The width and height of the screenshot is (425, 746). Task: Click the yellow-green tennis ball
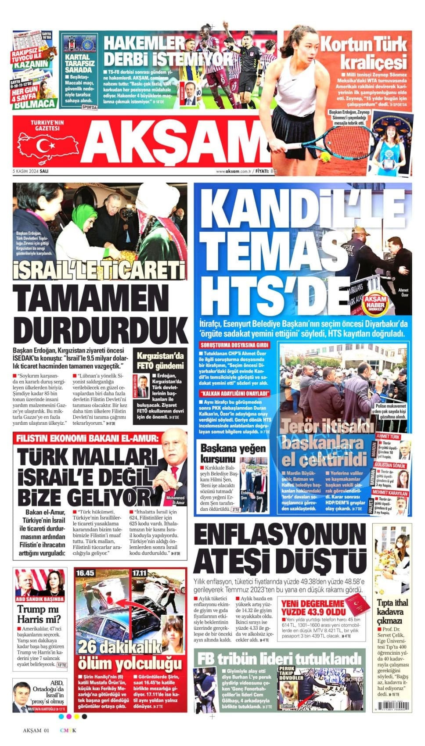tap(325, 157)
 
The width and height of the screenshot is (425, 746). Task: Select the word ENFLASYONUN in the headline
tap(280, 537)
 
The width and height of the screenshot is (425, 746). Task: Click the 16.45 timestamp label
tap(85, 573)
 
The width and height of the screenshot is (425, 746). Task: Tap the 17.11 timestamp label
tap(140, 573)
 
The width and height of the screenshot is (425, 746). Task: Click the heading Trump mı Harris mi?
tap(40, 614)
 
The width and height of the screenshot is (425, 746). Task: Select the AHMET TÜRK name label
tap(388, 437)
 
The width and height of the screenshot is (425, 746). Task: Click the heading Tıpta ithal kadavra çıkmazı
tap(393, 611)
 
